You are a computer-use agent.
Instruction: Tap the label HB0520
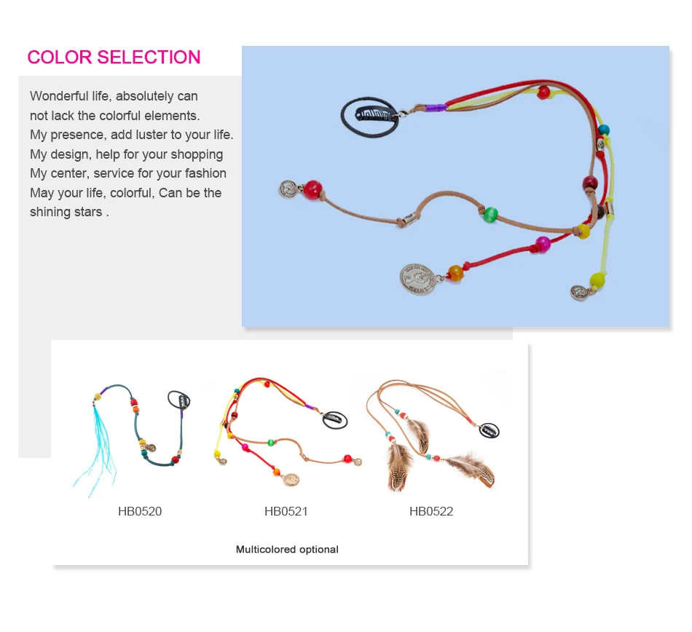[140, 511]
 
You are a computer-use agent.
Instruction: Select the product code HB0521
[286, 511]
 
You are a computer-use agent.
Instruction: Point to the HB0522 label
[431, 511]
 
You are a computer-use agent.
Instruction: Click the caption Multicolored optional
[287, 550]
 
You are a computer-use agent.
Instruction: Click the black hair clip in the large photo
[369, 116]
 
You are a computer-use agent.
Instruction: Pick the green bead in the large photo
[489, 214]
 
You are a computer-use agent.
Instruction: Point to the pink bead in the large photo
[543, 243]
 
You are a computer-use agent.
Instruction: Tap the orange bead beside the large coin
[455, 273]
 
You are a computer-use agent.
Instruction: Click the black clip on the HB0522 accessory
[489, 430]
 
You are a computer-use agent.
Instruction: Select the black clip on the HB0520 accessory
[179, 400]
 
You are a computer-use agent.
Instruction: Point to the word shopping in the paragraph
[197, 154]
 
